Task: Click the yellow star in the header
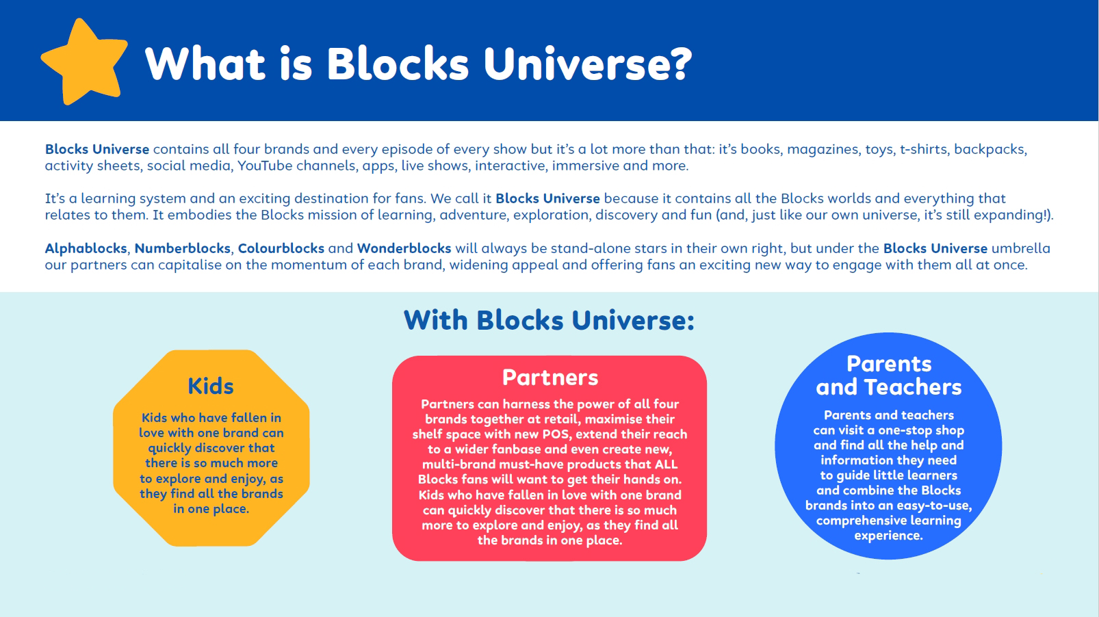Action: [84, 63]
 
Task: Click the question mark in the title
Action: [678, 64]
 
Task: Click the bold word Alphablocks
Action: [86, 248]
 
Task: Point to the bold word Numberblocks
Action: [183, 248]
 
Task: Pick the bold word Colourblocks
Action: [281, 248]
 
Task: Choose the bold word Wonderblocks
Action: [404, 248]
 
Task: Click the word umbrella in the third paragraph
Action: [1021, 248]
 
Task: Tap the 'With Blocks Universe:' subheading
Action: [549, 320]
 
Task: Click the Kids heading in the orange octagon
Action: [211, 386]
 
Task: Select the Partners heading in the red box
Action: [550, 377]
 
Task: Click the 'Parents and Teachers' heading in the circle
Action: [888, 376]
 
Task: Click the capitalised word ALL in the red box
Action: [666, 464]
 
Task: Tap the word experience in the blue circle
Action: [888, 536]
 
